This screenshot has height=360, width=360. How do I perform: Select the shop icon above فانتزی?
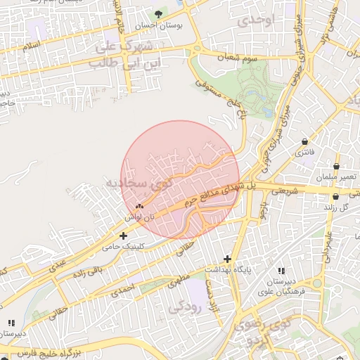[304, 142]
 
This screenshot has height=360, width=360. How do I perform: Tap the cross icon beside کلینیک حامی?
[124, 236]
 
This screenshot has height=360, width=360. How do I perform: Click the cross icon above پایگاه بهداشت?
[227, 259]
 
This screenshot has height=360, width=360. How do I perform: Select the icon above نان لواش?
[139, 207]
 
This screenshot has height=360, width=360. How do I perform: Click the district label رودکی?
[185, 305]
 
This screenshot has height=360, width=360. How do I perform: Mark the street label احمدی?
[122, 288]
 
